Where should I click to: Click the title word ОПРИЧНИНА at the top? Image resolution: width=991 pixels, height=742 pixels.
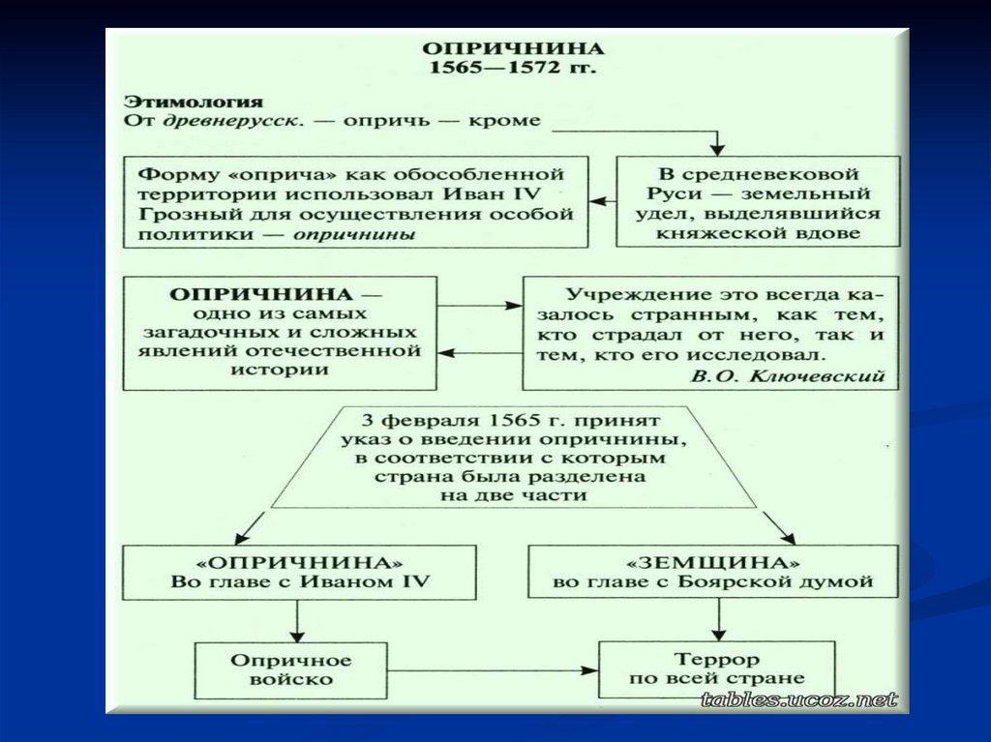[512, 48]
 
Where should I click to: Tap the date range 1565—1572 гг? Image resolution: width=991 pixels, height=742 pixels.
[513, 70]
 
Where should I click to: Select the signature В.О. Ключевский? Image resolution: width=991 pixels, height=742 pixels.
[788, 376]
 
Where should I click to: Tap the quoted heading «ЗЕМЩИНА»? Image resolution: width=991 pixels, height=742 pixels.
[712, 562]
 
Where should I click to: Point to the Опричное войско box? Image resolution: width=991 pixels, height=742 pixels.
[290, 668]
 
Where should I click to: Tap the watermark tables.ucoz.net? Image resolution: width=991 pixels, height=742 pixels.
[799, 699]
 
